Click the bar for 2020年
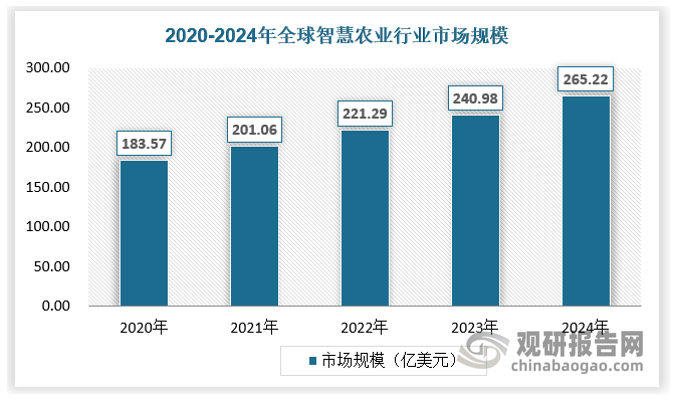[x=144, y=233]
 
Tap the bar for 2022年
[x=365, y=218]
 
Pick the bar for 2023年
[x=475, y=210]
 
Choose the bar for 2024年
[x=586, y=201]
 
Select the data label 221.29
[x=365, y=112]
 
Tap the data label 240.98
[x=475, y=97]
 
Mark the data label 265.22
[x=586, y=78]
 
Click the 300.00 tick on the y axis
[x=49, y=69]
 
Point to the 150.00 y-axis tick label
[x=49, y=187]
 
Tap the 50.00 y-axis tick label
[x=53, y=266]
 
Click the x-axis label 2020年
[x=144, y=327]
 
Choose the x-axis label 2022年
[x=365, y=327]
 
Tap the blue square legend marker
[x=312, y=361]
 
